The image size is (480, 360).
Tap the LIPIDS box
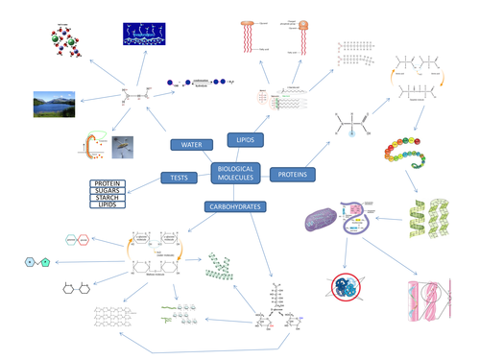245,140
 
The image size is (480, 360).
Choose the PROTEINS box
293,175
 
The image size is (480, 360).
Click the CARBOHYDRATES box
234,206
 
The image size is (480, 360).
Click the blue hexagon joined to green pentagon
38,261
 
